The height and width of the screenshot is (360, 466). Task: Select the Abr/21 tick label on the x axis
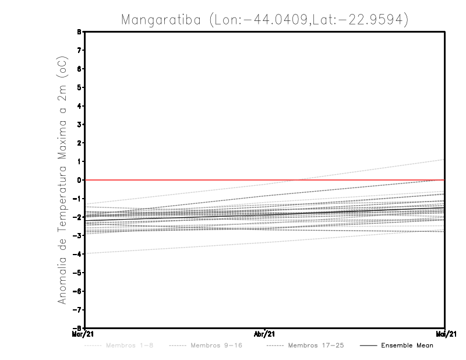click(265, 334)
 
